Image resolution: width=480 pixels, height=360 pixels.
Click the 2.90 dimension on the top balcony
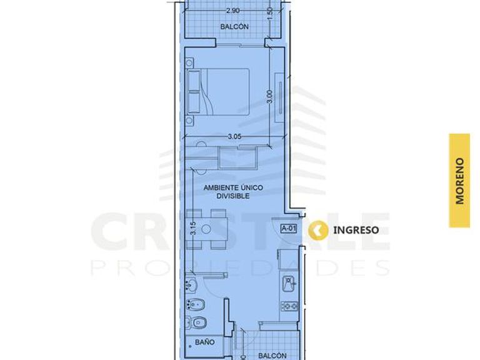[x=232, y=10]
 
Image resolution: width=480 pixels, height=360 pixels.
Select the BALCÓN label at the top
[x=234, y=27]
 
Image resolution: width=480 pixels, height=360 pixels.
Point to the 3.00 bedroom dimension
[x=270, y=97]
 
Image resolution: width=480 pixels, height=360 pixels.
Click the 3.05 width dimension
[x=234, y=136]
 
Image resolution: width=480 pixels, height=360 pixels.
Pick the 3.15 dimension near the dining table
[x=193, y=228]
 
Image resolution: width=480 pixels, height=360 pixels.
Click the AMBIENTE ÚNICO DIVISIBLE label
[x=233, y=192]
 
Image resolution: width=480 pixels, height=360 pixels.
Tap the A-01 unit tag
[x=289, y=228]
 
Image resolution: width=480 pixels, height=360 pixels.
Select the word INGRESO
[x=356, y=230]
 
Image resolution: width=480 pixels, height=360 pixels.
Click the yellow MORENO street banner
[x=459, y=181]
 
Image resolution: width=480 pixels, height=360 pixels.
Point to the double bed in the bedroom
[x=218, y=92]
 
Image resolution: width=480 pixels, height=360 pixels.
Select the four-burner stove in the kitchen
[x=289, y=306]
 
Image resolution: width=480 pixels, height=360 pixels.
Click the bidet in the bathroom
[x=195, y=304]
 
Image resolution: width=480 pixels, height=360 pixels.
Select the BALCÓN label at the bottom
[x=272, y=356]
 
